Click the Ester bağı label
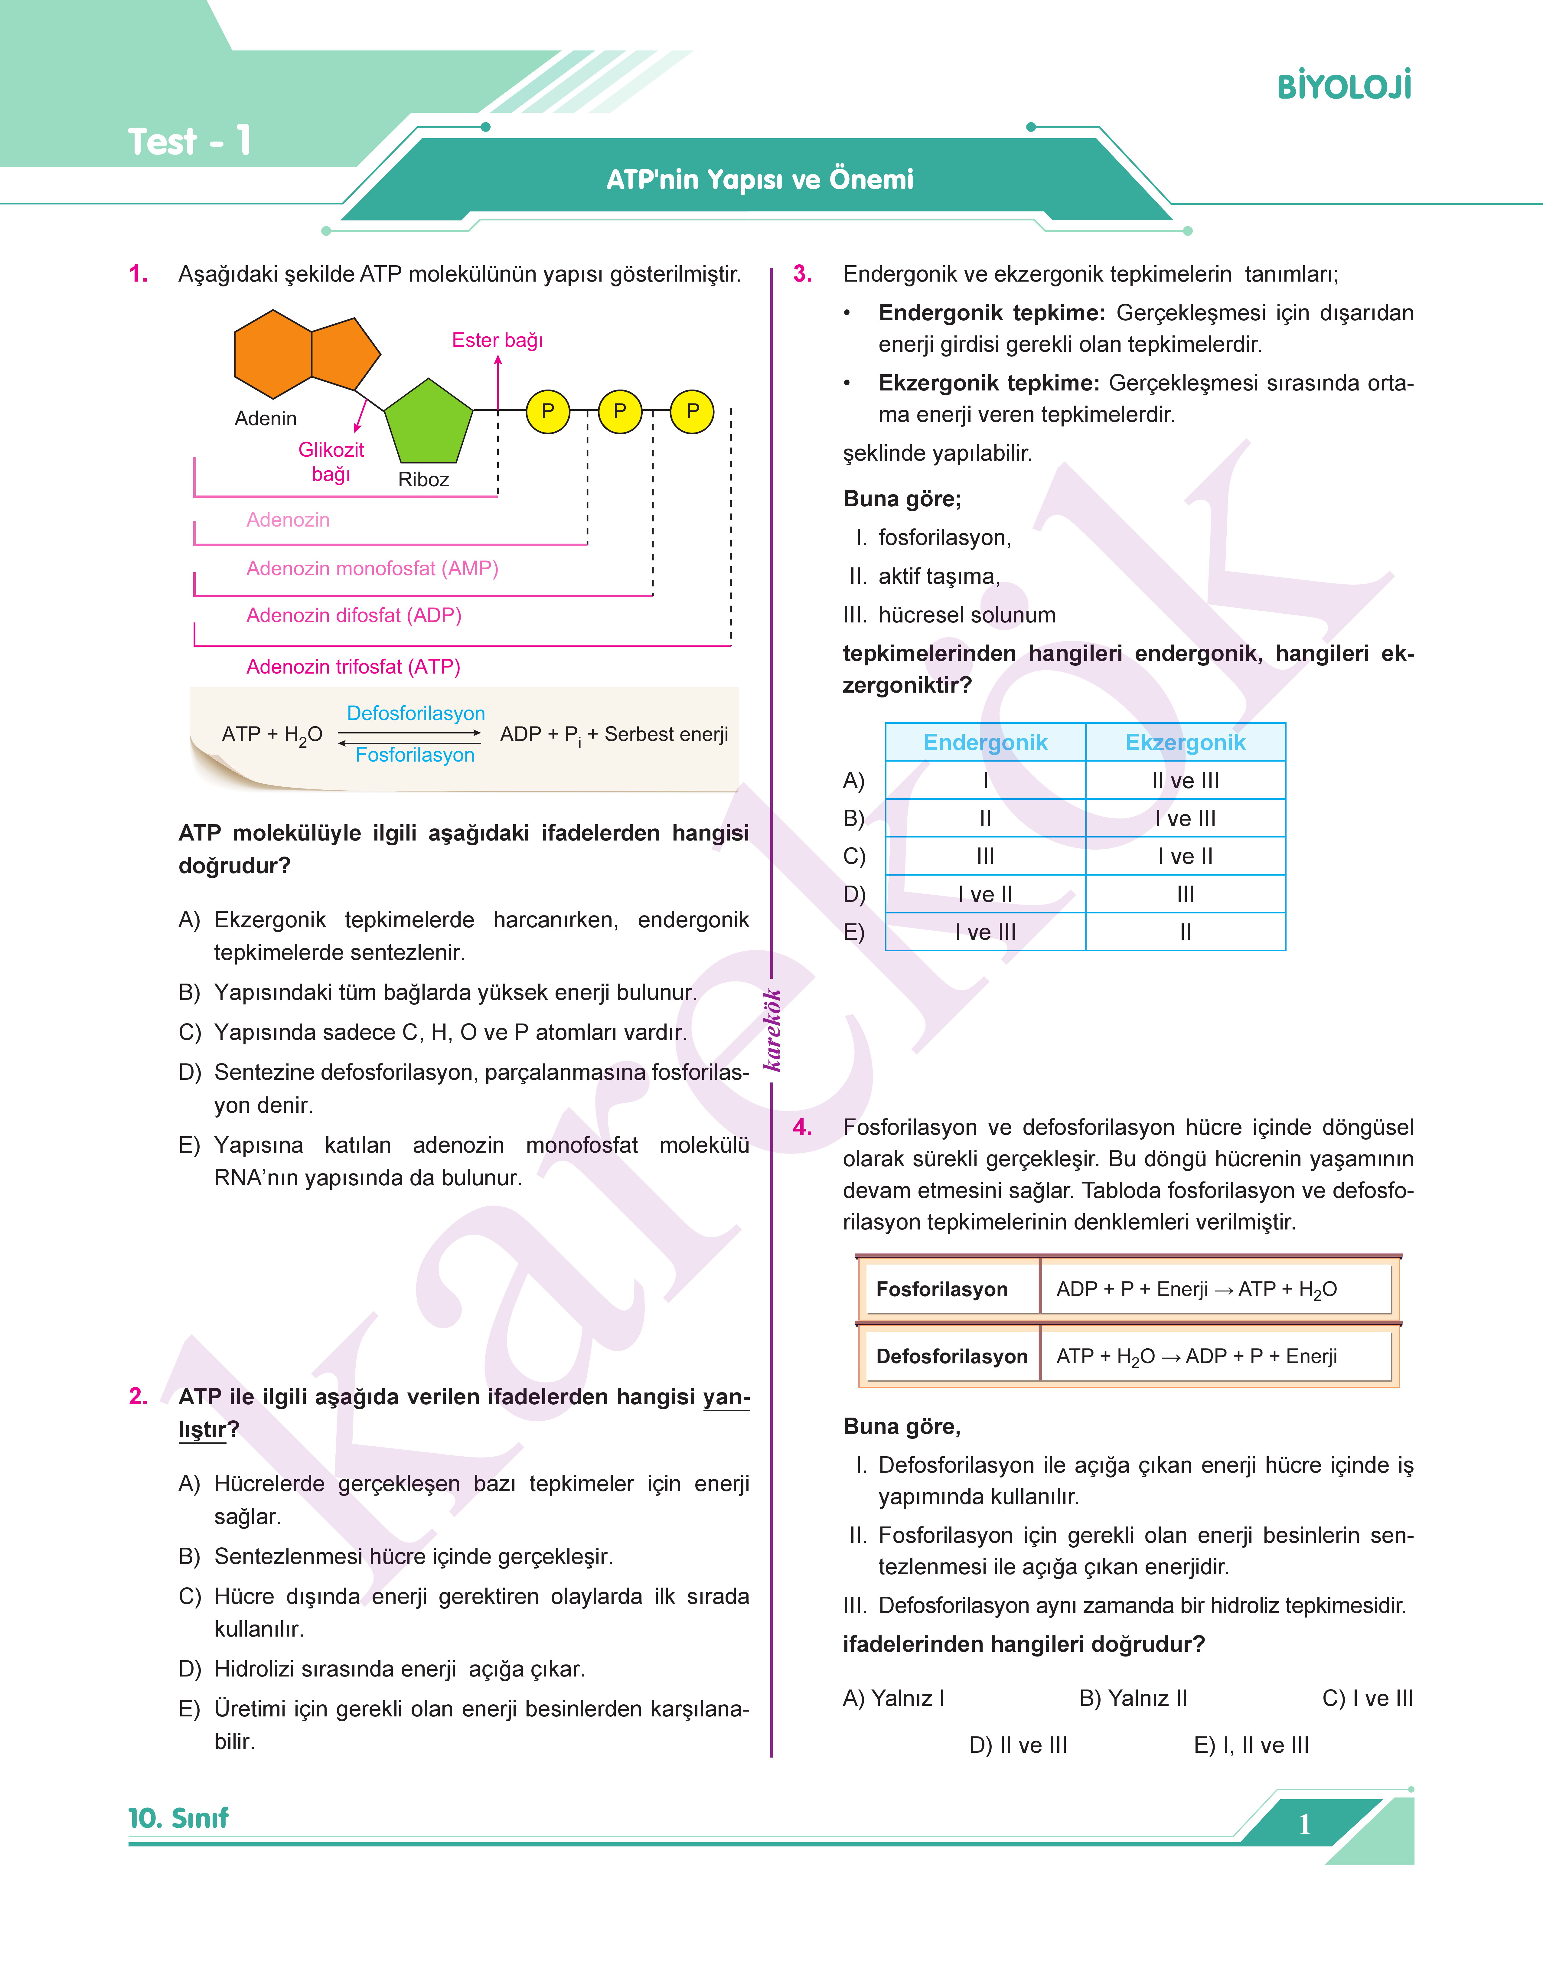(x=497, y=341)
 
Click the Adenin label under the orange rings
(x=266, y=418)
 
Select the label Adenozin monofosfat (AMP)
(x=372, y=568)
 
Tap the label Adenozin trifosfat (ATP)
(x=353, y=667)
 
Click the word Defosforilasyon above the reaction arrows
(x=416, y=714)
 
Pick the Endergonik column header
(x=985, y=743)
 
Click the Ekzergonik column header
(x=1185, y=743)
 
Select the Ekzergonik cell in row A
(x=1185, y=781)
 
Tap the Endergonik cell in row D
(x=985, y=894)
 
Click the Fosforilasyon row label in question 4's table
(x=941, y=1289)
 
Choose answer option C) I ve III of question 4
(x=1367, y=1698)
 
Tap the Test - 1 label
(x=189, y=142)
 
